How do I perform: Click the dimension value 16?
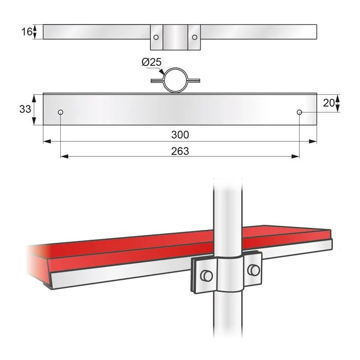click(27, 32)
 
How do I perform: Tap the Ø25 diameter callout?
click(152, 62)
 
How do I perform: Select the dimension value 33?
click(25, 109)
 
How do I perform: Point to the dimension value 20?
click(329, 103)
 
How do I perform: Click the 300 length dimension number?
click(180, 135)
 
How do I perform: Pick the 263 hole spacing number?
click(180, 151)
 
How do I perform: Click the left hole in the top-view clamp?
click(156, 37)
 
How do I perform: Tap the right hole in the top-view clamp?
click(194, 37)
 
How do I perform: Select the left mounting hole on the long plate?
click(61, 112)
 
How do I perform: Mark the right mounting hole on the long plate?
click(299, 112)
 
